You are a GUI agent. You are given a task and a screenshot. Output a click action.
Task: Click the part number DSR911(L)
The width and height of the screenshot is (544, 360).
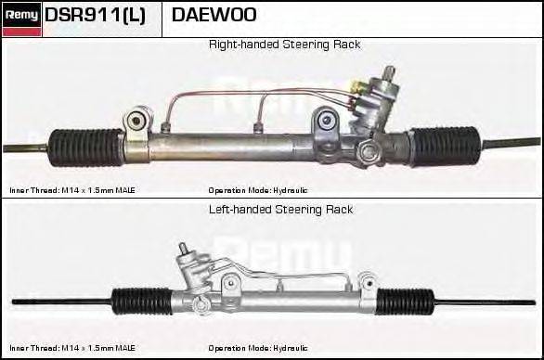point(95,16)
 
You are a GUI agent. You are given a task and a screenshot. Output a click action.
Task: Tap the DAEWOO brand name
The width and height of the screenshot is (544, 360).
point(214,16)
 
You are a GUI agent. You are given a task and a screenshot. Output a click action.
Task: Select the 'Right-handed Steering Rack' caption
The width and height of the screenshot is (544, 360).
point(284,45)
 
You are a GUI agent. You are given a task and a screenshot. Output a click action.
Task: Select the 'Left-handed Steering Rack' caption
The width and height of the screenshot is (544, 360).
point(280,210)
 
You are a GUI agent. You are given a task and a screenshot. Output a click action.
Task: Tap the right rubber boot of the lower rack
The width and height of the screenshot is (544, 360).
point(406,302)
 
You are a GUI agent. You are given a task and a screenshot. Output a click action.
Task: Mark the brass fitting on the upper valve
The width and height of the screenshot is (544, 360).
point(356,88)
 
